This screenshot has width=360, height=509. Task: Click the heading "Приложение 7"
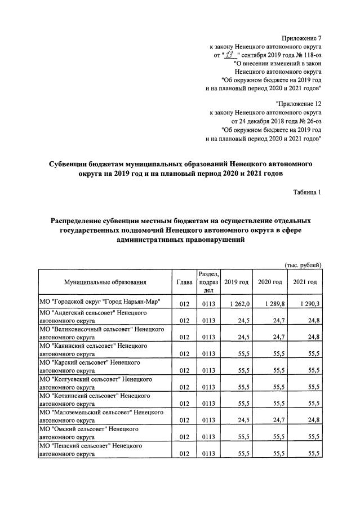[x=299, y=37]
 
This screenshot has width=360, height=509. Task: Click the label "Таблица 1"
[x=307, y=192]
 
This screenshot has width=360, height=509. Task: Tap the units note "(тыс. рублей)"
[x=303, y=264]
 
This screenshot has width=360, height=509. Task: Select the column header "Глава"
[x=184, y=282]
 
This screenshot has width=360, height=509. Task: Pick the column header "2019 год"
[x=236, y=282]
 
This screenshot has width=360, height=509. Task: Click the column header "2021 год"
[x=304, y=282]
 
